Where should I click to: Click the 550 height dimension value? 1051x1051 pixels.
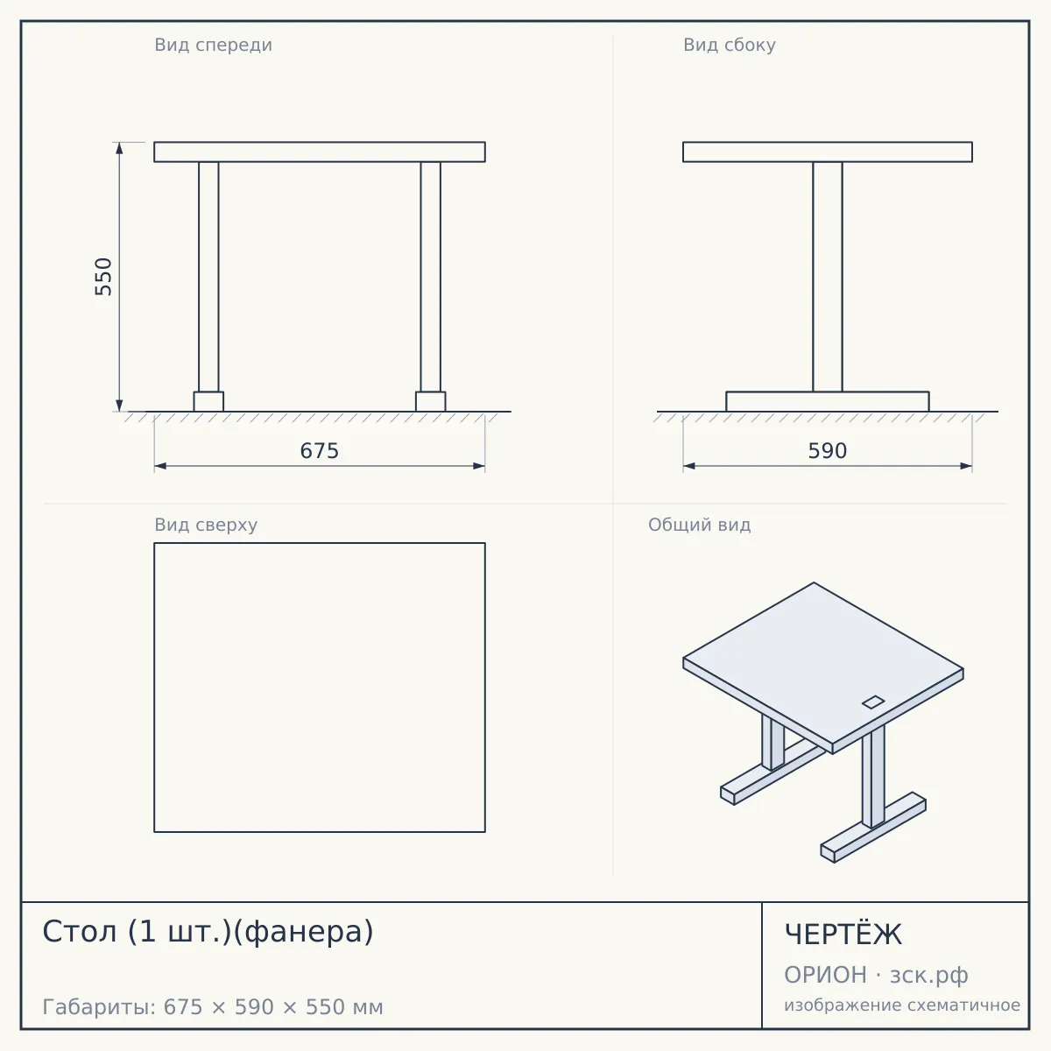coord(103,277)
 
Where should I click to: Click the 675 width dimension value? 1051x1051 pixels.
coord(320,451)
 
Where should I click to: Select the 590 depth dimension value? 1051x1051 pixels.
coord(828,451)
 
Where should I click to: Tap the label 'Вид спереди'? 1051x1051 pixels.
coord(213,45)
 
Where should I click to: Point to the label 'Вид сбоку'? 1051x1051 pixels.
coord(730,45)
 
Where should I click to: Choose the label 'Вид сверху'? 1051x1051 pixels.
coord(206,525)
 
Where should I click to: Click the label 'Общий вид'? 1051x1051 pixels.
coord(699,525)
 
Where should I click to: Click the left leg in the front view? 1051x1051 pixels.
coord(208,277)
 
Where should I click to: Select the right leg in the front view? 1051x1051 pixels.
coord(430,277)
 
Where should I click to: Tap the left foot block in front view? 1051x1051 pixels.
coord(208,401)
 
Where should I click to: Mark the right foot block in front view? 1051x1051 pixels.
coord(430,401)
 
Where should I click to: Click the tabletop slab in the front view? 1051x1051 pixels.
coord(320,152)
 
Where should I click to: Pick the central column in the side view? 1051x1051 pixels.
coord(828,277)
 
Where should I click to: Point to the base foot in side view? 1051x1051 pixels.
coord(828,401)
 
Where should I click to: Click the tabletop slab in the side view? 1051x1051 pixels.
coord(828,152)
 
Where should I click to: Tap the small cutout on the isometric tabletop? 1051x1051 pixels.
coord(873,702)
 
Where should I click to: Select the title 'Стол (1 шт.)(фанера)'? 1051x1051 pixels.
coord(208,932)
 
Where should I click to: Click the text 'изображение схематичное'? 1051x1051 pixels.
coord(902,1005)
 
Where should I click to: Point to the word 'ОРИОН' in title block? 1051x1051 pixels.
coord(825,975)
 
